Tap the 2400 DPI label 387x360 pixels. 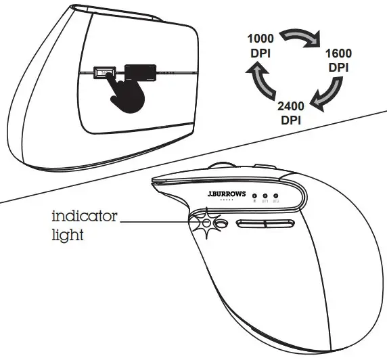pyautogui.click(x=290, y=112)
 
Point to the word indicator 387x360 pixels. pyautogui.click(x=85, y=217)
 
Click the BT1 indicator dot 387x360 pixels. pyautogui.click(x=265, y=195)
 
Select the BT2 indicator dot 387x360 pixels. pyautogui.click(x=276, y=195)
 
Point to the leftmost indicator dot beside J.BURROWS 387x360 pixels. pyautogui.click(x=254, y=195)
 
